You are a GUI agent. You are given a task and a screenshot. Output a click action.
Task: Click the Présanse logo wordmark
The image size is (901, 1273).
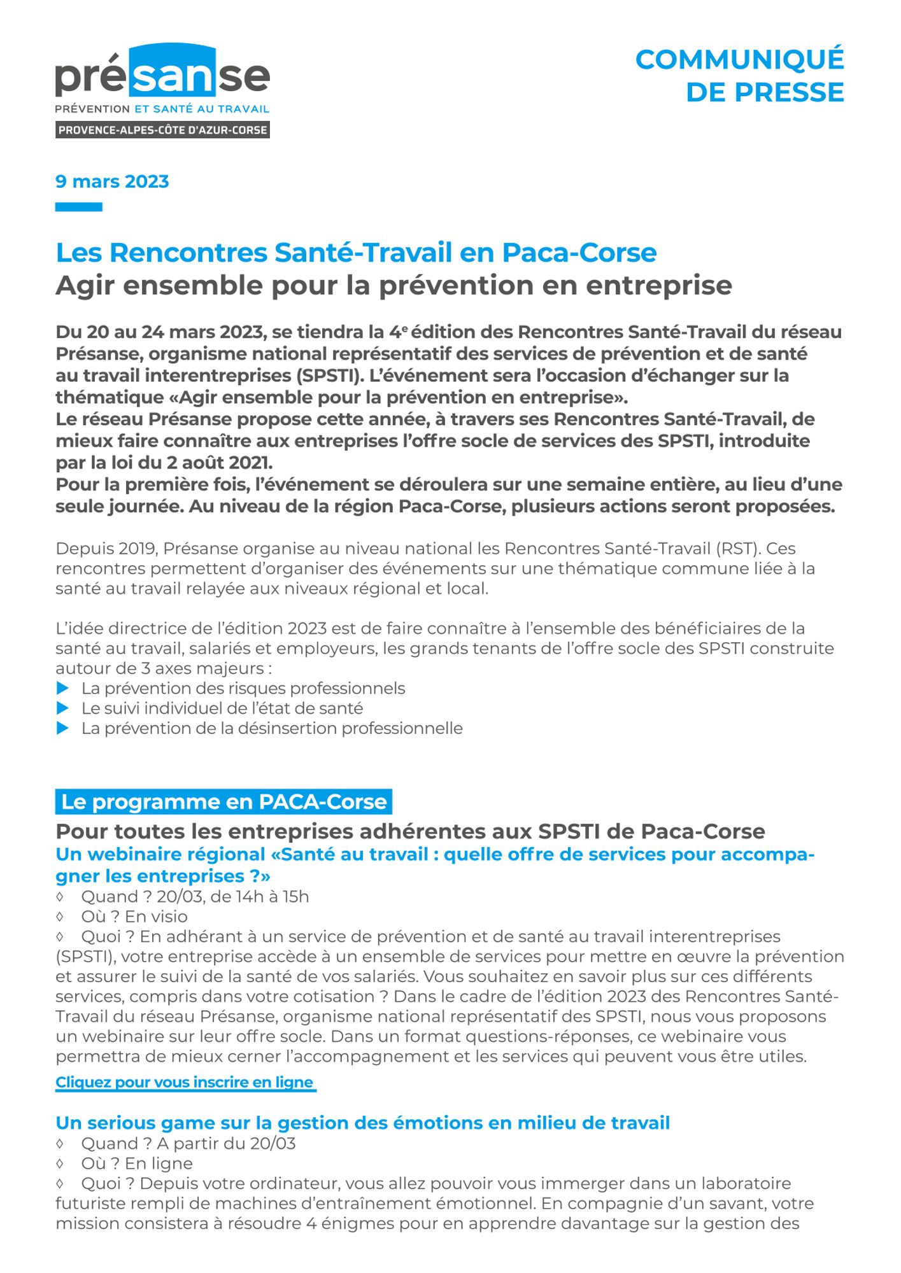click(162, 75)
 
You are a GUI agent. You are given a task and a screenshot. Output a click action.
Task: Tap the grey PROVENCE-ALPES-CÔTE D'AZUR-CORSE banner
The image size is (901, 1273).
click(162, 130)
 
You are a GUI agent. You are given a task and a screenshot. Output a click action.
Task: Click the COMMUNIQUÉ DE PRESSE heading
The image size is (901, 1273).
click(739, 76)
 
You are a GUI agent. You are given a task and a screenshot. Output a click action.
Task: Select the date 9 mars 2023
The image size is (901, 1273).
click(112, 181)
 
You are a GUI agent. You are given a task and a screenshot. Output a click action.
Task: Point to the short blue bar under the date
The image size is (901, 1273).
click(78, 207)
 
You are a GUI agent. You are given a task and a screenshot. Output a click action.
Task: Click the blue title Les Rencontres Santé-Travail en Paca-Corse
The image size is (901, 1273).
click(356, 253)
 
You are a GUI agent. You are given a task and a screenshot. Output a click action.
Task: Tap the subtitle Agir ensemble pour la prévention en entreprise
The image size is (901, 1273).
click(394, 285)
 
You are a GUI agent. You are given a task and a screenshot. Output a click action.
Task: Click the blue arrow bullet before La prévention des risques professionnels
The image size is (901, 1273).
click(62, 688)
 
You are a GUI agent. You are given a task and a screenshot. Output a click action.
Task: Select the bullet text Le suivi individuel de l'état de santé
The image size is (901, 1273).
click(222, 708)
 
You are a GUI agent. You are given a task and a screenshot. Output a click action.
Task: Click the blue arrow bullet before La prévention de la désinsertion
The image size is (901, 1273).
click(62, 728)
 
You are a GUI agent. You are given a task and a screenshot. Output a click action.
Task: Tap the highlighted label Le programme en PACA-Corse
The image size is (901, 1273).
click(223, 801)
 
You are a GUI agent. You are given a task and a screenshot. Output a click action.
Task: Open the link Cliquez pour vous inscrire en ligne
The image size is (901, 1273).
click(185, 1082)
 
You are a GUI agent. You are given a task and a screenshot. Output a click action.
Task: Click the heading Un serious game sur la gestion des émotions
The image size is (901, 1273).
click(362, 1123)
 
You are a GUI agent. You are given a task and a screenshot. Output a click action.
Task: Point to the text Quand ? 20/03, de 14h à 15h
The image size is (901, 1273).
click(194, 896)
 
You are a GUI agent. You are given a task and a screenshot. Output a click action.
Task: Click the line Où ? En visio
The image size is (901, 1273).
click(134, 917)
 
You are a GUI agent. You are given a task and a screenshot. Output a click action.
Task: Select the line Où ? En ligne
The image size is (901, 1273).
click(136, 1163)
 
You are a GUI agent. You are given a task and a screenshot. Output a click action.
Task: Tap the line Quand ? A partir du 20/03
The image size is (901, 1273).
click(188, 1143)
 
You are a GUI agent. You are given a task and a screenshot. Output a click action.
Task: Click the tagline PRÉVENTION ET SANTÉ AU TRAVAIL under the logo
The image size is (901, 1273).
click(162, 109)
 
